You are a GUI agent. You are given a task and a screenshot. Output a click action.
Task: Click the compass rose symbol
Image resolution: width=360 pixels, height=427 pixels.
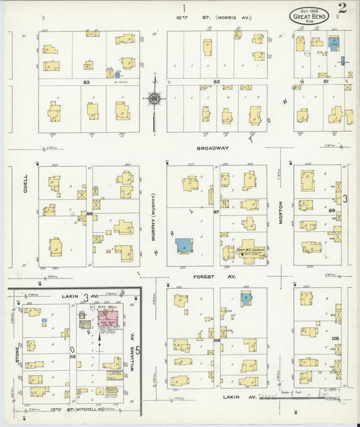pyautogui.click(x=154, y=99)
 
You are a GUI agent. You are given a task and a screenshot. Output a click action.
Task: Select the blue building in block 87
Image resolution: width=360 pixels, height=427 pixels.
pyautogui.click(x=184, y=245)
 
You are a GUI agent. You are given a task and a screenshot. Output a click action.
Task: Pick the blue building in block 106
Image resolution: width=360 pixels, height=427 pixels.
pyautogui.click(x=247, y=297)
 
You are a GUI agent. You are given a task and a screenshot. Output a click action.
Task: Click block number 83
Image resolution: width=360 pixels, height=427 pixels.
pyautogui.click(x=86, y=82)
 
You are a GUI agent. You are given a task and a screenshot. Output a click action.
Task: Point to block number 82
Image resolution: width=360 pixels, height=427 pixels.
pyautogui.click(x=217, y=82)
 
